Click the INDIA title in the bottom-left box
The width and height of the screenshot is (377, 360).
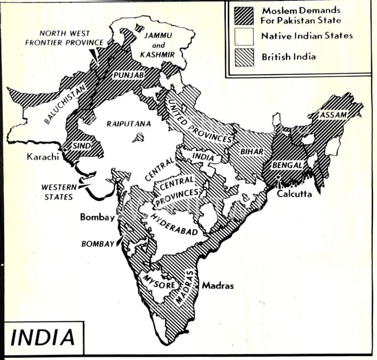pyautogui.click(x=43, y=337)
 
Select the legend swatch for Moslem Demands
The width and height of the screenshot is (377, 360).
pyautogui.click(x=244, y=15)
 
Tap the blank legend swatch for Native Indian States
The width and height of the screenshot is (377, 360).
pyautogui.click(x=244, y=36)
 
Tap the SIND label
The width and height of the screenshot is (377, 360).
pyautogui.click(x=81, y=146)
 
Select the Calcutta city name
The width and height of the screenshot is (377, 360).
pyautogui.click(x=294, y=193)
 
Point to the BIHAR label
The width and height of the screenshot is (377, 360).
pyautogui.click(x=251, y=152)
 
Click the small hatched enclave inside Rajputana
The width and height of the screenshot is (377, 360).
pyautogui.click(x=138, y=137)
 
